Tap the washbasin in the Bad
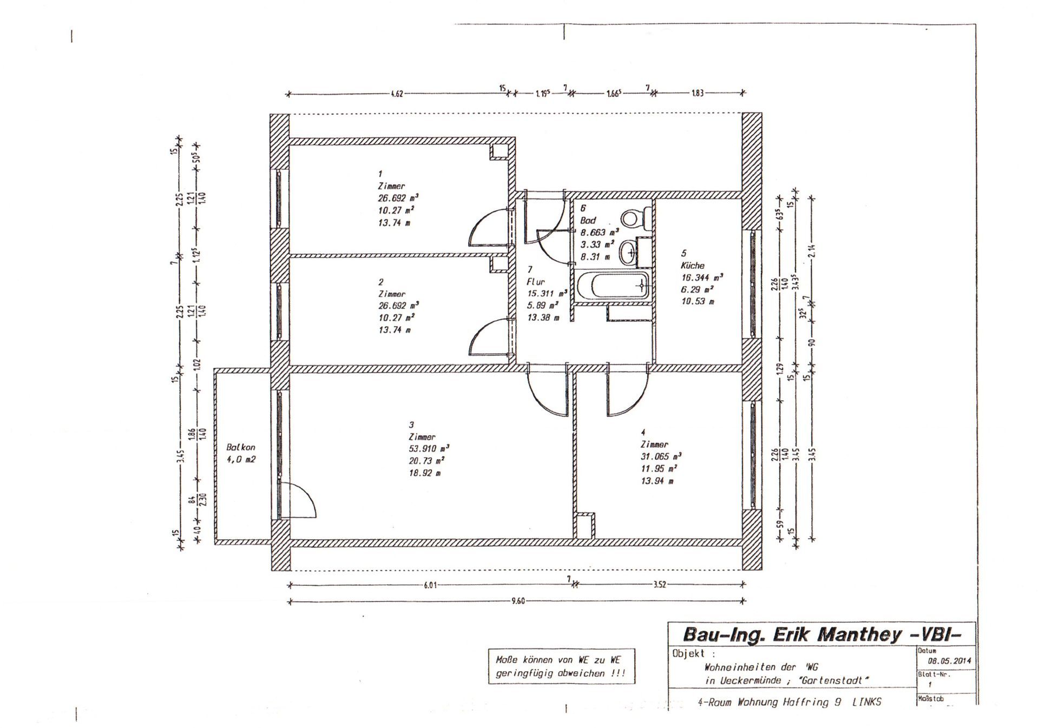[629, 253]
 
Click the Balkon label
[241, 447]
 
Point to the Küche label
[693, 266]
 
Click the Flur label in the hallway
[535, 282]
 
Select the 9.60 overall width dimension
[518, 601]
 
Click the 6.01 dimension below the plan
[430, 585]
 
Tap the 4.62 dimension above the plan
[397, 94]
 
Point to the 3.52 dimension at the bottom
[659, 585]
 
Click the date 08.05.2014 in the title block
[949, 661]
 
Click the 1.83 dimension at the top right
[698, 93]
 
